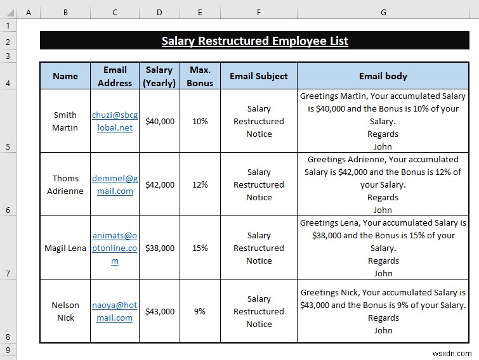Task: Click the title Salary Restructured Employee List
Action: pyautogui.click(x=254, y=41)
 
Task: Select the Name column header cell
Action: pyautogui.click(x=65, y=76)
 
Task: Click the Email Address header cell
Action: pyautogui.click(x=115, y=76)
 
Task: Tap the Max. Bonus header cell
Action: pyautogui.click(x=200, y=76)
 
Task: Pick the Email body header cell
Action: pyautogui.click(x=383, y=76)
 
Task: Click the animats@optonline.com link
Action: pyautogui.click(x=114, y=248)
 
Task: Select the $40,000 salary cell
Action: pyautogui.click(x=160, y=121)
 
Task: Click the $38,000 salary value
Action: pyautogui.click(x=160, y=248)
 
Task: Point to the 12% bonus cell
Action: pyautogui.click(x=200, y=184)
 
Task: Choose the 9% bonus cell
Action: pyautogui.click(x=200, y=311)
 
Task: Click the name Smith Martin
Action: pyautogui.click(x=65, y=121)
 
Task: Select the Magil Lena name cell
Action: pyautogui.click(x=65, y=248)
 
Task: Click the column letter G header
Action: pyautogui.click(x=383, y=12)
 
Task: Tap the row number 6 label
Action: pyautogui.click(x=8, y=210)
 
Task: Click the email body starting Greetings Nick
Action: pyautogui.click(x=383, y=311)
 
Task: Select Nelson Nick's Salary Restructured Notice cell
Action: pyautogui.click(x=259, y=311)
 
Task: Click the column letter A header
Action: pyautogui.click(x=29, y=12)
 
